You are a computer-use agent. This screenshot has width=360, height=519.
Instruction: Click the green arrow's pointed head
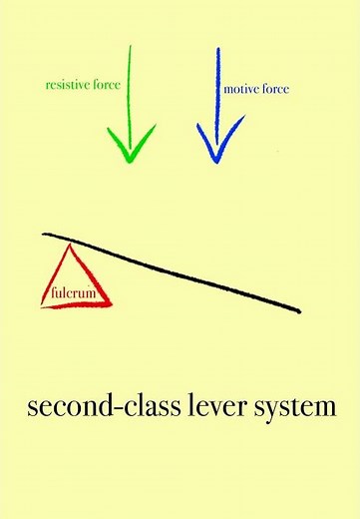click(129, 160)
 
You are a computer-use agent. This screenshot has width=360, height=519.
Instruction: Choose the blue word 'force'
click(277, 90)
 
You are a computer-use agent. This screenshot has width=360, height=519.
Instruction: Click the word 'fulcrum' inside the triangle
click(73, 294)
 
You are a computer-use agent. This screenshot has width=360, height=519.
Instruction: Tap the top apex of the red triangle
click(71, 248)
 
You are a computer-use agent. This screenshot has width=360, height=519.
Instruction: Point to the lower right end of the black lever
click(298, 311)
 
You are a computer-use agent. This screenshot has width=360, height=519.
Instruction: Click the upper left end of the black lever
click(45, 235)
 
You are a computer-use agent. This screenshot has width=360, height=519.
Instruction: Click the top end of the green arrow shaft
click(130, 46)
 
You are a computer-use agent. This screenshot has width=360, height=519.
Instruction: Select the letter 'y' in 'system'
click(276, 412)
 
